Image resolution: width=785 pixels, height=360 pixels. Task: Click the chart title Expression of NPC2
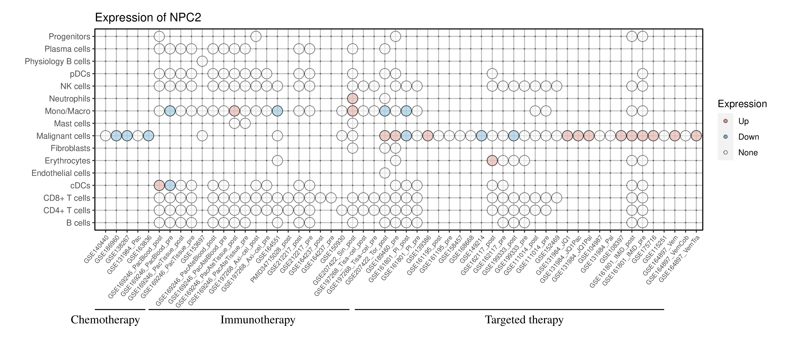tap(148, 18)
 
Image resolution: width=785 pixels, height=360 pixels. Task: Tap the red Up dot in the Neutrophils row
tap(352, 98)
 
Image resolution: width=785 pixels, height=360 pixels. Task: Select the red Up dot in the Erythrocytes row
tap(492, 161)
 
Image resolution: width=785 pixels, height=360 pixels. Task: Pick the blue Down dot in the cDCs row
tap(170, 185)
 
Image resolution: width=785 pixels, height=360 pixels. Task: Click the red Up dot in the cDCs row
tap(159, 185)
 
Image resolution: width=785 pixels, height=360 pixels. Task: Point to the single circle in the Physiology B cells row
tap(202, 61)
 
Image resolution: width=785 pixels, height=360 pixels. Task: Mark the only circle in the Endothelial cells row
tap(385, 173)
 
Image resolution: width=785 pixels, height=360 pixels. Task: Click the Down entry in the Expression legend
tap(748, 137)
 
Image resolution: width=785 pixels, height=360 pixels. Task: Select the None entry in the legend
tap(747, 153)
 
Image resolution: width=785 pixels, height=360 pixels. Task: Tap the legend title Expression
tap(742, 104)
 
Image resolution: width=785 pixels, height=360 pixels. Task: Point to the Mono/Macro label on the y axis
tap(67, 111)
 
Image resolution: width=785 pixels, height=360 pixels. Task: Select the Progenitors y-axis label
tap(70, 37)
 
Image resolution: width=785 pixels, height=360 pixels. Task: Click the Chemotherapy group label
tap(105, 320)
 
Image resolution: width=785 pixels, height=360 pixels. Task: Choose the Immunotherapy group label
tap(258, 320)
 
